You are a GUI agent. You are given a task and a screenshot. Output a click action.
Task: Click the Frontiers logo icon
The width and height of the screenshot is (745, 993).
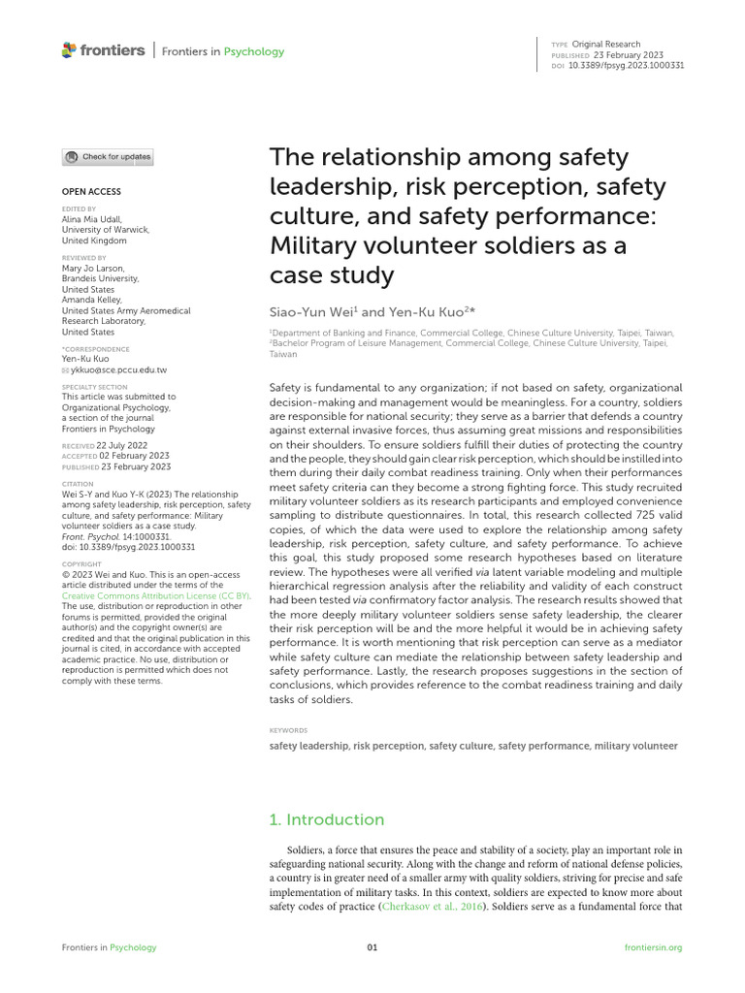pyautogui.click(x=67, y=49)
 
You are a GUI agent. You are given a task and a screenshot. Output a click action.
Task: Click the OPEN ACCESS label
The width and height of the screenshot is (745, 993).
pyautogui.click(x=91, y=192)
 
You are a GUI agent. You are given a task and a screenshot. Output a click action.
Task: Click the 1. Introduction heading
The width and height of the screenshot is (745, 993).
pyautogui.click(x=326, y=819)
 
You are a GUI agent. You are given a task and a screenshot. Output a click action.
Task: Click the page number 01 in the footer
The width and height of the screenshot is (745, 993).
pyautogui.click(x=372, y=947)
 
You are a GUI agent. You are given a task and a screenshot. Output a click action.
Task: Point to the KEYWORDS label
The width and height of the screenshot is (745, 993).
pyautogui.click(x=288, y=730)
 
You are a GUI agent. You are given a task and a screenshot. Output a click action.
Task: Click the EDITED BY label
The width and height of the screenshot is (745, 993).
pyautogui.click(x=79, y=208)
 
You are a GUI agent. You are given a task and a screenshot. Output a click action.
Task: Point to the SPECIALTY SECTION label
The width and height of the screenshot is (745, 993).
pyautogui.click(x=93, y=386)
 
